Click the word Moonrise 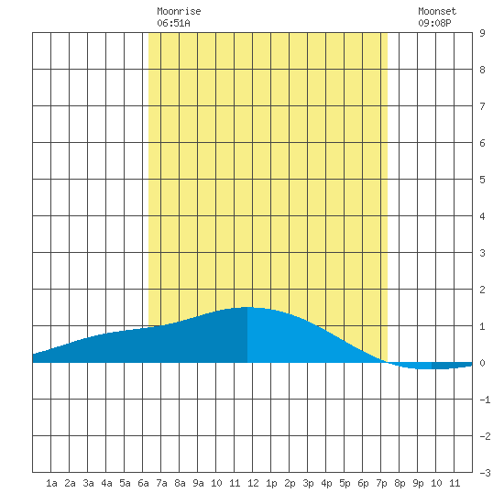(179, 11)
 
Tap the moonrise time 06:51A (173, 23)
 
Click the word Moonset (437, 11)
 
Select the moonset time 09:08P (434, 23)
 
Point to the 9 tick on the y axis (482, 33)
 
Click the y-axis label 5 (482, 180)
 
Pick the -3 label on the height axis (485, 473)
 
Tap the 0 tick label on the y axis (482, 363)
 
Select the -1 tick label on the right (485, 400)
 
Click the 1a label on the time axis (51, 483)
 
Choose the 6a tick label (143, 483)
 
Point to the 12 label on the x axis (253, 483)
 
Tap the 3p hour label (308, 483)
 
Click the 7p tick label (381, 483)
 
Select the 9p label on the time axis (418, 483)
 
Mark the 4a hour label (106, 483)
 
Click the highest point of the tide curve (247, 307)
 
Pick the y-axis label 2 (482, 290)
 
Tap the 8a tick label (180, 483)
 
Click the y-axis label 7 (482, 106)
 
